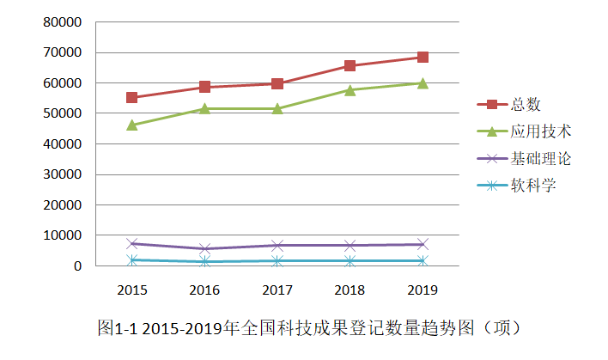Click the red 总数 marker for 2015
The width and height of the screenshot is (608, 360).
(132, 98)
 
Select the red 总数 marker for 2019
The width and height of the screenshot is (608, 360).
(423, 58)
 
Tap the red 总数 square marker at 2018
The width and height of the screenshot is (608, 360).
(350, 65)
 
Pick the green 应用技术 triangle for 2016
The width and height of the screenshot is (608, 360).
(205, 108)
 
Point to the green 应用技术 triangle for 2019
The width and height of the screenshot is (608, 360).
(423, 83)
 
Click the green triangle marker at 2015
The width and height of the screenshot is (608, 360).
(132, 125)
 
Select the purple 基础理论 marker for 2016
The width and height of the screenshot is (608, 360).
(205, 249)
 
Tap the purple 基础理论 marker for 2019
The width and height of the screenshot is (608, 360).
(423, 245)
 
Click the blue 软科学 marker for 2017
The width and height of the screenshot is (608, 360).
(277, 260)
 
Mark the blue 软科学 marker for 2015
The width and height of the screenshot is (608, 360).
(132, 259)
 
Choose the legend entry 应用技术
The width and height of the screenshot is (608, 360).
(541, 131)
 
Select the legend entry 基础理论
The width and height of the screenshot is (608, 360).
(541, 158)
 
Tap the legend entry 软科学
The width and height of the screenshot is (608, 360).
(533, 185)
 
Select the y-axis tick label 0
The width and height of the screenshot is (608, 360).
(78, 266)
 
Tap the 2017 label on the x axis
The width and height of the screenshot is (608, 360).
(277, 290)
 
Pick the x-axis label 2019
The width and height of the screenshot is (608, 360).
(423, 290)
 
